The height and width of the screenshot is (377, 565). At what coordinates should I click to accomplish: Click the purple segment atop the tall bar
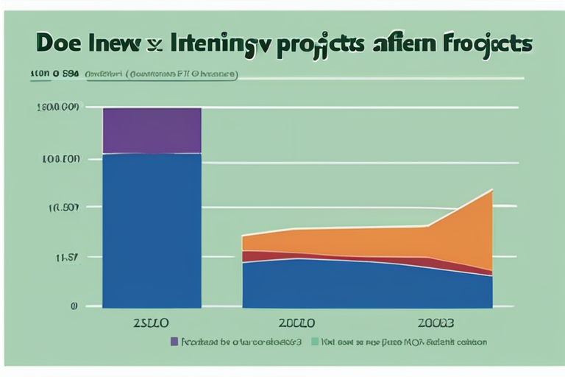[152, 130]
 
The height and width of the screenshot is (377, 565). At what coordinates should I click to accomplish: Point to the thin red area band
[331, 258]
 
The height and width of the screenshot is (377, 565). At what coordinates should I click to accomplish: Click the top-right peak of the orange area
[491, 191]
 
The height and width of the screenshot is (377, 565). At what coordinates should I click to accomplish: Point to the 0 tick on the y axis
[74, 306]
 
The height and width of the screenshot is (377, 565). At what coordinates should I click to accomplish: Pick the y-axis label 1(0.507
[63, 208]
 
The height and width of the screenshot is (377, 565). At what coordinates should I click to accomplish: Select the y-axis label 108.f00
[61, 158]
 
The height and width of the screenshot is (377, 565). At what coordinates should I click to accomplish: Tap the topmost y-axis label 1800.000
[57, 108]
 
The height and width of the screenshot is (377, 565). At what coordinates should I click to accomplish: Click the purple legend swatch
[174, 342]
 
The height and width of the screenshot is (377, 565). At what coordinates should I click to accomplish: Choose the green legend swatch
[315, 342]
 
